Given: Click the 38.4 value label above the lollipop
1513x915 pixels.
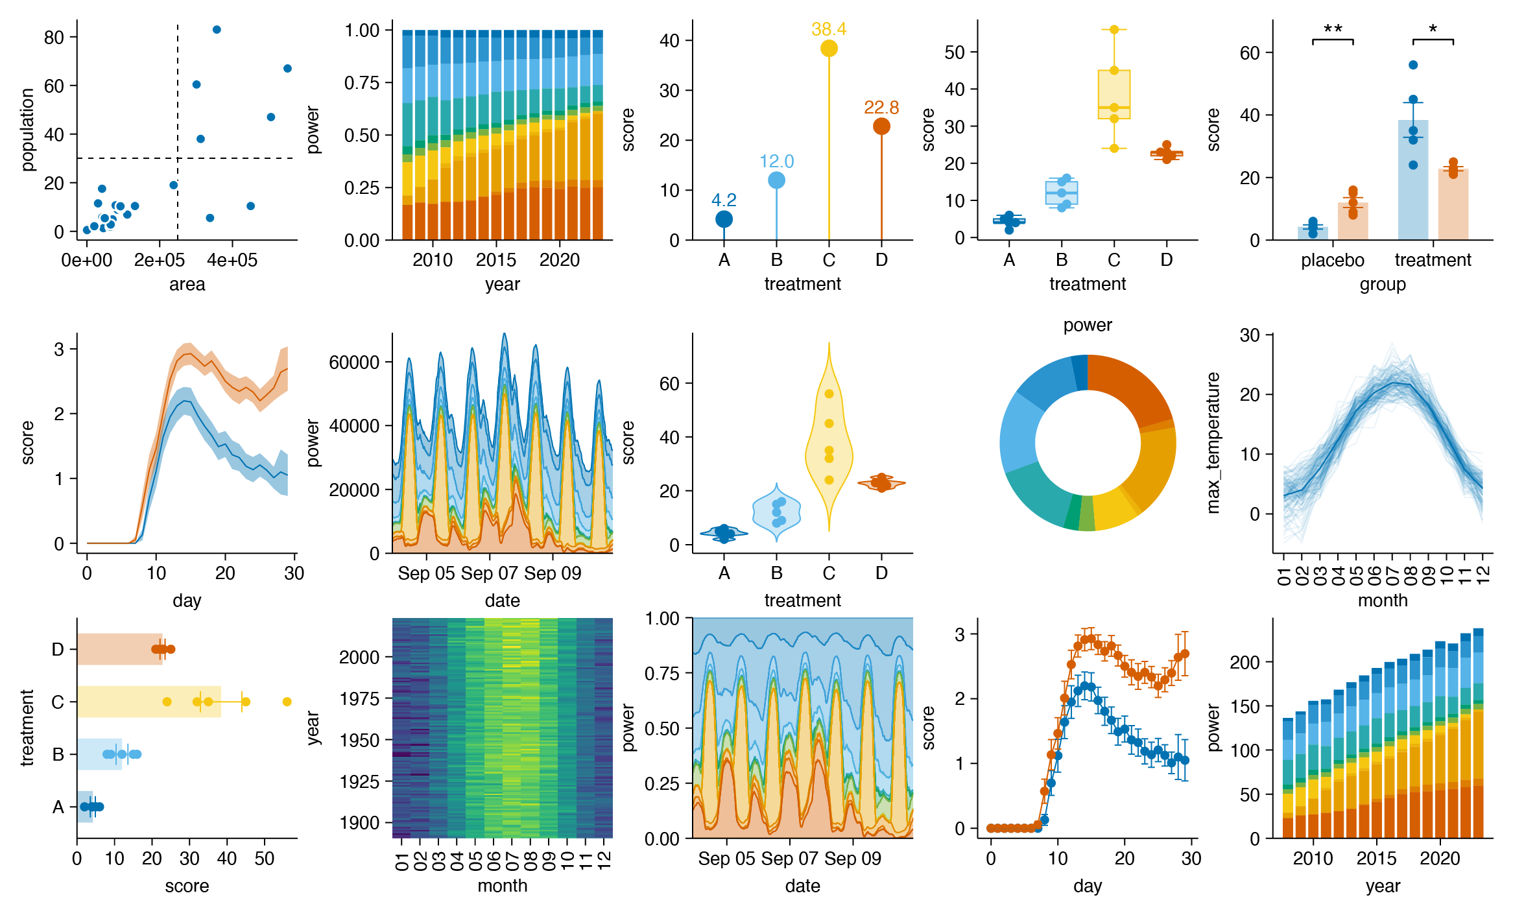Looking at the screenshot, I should (x=828, y=29).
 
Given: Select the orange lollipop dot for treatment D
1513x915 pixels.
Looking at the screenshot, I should (x=881, y=126).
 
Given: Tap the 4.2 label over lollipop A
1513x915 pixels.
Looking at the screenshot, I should (x=724, y=200).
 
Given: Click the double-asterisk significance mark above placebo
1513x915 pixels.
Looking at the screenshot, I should (x=1333, y=30).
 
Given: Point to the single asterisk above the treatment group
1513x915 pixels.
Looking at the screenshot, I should (x=1433, y=30).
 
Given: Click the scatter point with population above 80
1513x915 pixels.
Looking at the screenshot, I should (x=217, y=30).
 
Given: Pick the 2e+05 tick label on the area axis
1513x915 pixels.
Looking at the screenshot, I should (x=159, y=260).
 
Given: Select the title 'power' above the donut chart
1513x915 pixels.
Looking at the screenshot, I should (x=1088, y=325).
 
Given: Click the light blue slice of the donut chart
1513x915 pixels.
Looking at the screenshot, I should (x=1020, y=432).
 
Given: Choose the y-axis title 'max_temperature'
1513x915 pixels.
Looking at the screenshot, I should (x=1213, y=443).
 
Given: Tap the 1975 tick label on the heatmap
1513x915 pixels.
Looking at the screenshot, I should (x=359, y=699).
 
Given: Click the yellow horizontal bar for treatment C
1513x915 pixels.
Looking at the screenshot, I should (x=149, y=702).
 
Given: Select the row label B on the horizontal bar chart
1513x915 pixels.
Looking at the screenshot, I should (x=58, y=755).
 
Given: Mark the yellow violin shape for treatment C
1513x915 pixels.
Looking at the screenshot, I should (x=828, y=447).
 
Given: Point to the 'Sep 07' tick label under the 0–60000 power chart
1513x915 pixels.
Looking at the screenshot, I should (x=489, y=573).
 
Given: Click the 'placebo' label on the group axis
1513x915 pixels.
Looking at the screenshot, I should (x=1332, y=260).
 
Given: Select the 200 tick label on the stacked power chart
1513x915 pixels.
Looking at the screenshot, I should (x=1245, y=663).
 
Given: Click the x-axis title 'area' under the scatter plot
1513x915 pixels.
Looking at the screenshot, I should (x=187, y=284).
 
